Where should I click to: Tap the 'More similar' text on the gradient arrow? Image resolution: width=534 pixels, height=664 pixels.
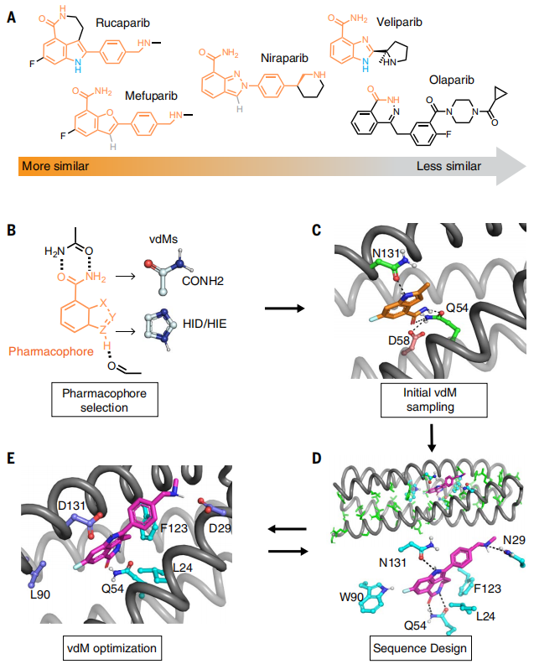[55, 165]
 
